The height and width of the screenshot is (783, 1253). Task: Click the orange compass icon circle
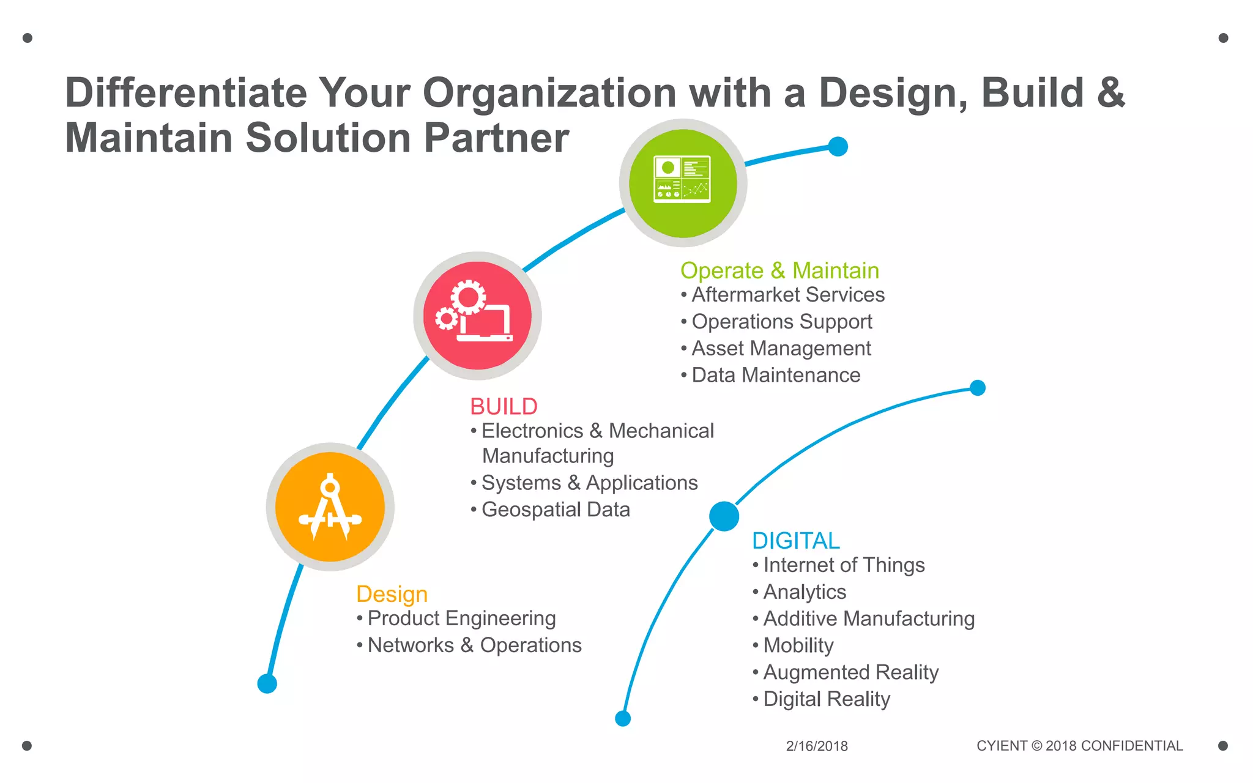point(330,507)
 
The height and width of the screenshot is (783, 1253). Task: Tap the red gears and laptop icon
point(477,316)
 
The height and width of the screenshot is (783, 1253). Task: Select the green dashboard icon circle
point(683,183)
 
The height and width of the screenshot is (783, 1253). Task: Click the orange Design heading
point(392,594)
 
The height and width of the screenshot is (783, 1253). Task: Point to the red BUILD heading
point(504,406)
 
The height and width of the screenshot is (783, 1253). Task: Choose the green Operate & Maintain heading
point(779,270)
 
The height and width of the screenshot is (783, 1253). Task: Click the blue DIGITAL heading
point(795,541)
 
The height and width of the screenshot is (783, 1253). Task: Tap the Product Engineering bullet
point(461,618)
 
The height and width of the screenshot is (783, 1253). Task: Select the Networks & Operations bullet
point(474,645)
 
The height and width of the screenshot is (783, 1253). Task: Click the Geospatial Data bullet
point(556,510)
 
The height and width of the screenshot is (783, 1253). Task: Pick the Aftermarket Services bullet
point(788,295)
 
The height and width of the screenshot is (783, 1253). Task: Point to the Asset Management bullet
point(781,349)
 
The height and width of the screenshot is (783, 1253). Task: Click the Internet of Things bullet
point(844,565)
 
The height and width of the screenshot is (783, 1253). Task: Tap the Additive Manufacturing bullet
point(869,619)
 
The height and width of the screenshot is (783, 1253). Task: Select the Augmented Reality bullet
point(850,672)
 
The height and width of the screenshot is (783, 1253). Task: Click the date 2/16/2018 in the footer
point(817,746)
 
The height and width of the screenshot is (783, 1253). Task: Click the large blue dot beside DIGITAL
point(724,516)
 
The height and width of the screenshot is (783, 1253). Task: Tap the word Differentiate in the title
point(186,93)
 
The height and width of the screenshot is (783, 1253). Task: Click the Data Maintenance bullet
point(776,375)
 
